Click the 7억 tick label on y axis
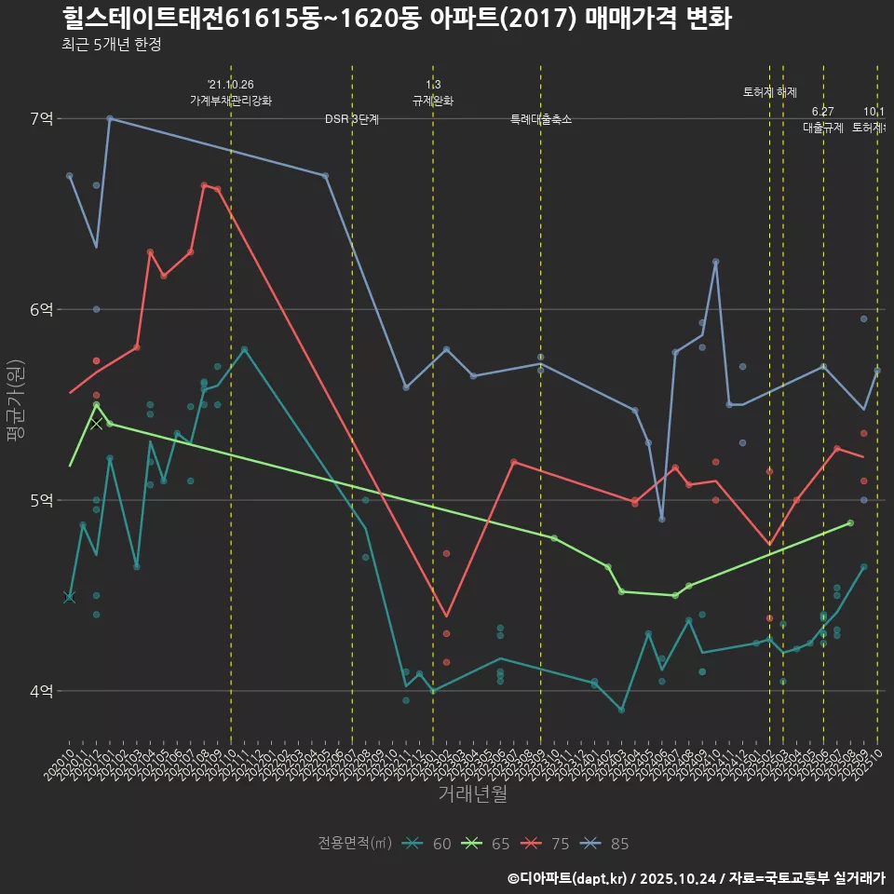pyautogui.click(x=41, y=118)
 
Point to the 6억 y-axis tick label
pyautogui.click(x=41, y=309)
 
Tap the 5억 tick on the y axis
pyautogui.click(x=41, y=500)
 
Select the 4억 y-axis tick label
pyautogui.click(x=41, y=691)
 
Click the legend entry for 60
pyautogui.click(x=428, y=844)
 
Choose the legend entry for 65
pyautogui.click(x=487, y=844)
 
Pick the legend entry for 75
pyautogui.click(x=546, y=844)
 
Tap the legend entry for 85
pyautogui.click(x=605, y=844)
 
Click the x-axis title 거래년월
pyautogui.click(x=472, y=794)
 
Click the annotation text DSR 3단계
pyautogui.click(x=352, y=119)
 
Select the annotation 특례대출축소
pyautogui.click(x=541, y=119)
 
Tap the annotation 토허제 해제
pyautogui.click(x=770, y=92)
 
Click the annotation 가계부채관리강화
pyautogui.click(x=231, y=101)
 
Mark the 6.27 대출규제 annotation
pyautogui.click(x=823, y=120)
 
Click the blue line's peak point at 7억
pyautogui.click(x=110, y=118)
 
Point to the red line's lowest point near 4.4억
pyautogui.click(x=447, y=616)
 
